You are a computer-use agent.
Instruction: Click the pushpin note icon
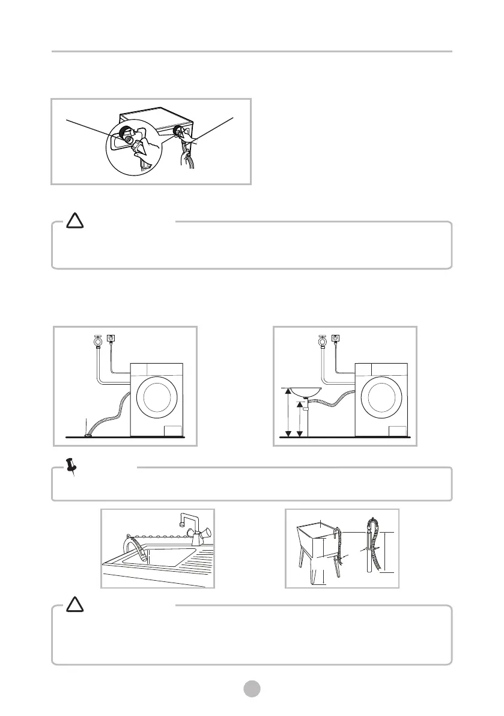coord(72,467)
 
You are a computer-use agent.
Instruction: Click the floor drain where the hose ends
coord(88,433)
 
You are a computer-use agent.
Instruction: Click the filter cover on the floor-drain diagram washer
coord(173,430)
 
